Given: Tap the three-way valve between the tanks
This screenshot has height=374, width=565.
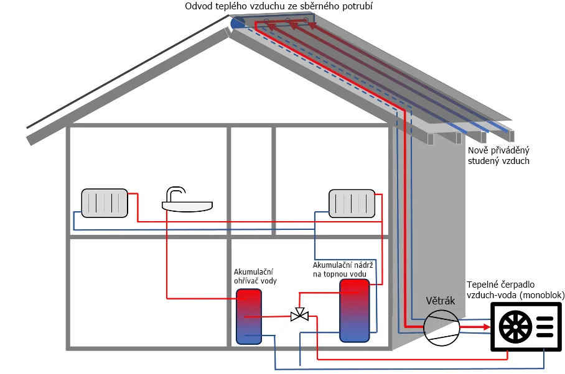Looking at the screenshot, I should [x=300, y=315].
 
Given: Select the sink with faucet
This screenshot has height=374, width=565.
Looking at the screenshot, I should [x=187, y=203].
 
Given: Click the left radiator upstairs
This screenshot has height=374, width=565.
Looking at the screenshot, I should [x=105, y=204].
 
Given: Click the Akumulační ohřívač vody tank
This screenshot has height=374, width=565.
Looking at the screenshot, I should [x=249, y=316].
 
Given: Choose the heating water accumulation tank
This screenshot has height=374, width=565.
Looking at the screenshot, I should [x=353, y=310].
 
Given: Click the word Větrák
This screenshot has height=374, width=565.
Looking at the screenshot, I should [x=441, y=301].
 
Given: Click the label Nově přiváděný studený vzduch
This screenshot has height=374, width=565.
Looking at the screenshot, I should [x=498, y=155].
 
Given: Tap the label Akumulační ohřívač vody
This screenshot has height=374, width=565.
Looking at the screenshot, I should [x=255, y=276].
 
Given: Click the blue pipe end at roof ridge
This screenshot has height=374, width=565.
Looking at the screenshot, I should [x=237, y=23].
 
